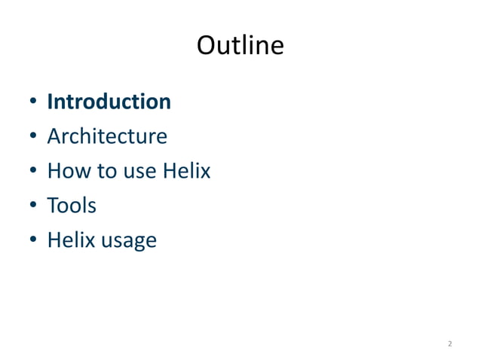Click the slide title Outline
(240, 46)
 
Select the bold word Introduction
(109, 102)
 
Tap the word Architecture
(107, 137)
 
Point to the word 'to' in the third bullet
(96, 172)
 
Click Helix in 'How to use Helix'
(185, 172)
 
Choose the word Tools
(72, 206)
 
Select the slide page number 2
(449, 344)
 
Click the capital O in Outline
(207, 46)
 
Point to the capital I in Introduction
(50, 102)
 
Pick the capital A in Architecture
(54, 137)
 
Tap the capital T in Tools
(53, 206)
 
